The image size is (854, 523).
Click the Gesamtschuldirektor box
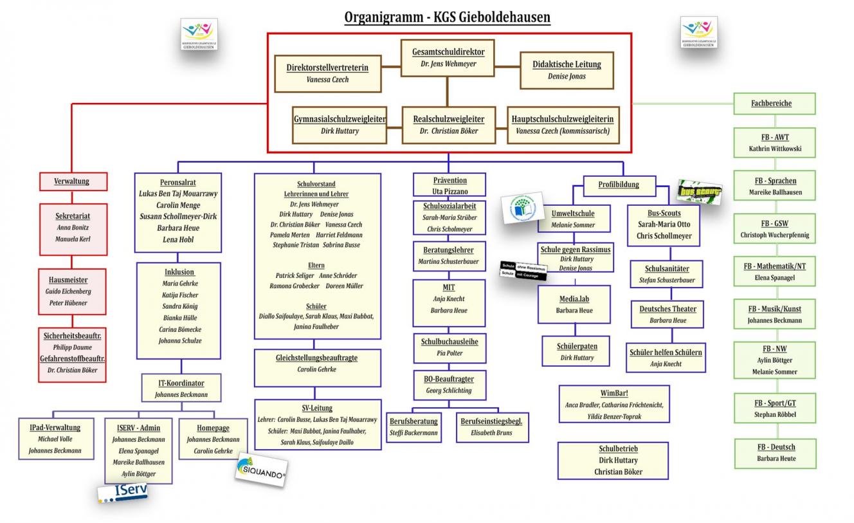(449, 58)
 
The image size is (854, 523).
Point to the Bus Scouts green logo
(699, 192)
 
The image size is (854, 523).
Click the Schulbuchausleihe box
(450, 347)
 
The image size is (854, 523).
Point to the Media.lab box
(574, 305)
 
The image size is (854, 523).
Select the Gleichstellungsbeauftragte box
(317, 363)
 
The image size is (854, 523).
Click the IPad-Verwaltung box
(55, 439)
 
